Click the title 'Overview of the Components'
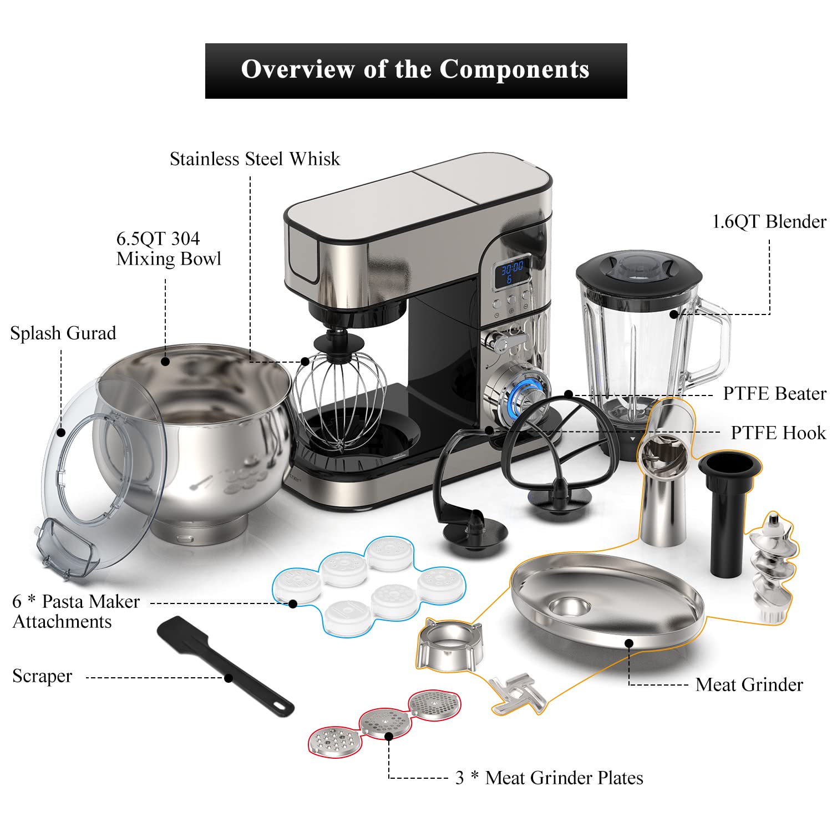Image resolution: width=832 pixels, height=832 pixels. (415, 70)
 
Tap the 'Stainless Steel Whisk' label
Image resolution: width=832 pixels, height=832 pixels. (255, 159)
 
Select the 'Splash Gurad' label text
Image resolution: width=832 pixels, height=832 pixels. (63, 333)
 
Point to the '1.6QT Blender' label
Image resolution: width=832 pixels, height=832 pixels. (769, 222)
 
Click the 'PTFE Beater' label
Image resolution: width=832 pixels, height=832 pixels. (774, 394)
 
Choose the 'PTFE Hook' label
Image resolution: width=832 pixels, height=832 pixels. (778, 433)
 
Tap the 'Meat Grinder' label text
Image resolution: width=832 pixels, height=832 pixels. (749, 684)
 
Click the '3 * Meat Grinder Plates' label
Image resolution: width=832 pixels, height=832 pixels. (549, 778)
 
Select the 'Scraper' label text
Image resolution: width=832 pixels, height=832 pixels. (42, 676)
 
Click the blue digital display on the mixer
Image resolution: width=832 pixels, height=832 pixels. (511, 272)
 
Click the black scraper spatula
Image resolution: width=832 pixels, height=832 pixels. (225, 666)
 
